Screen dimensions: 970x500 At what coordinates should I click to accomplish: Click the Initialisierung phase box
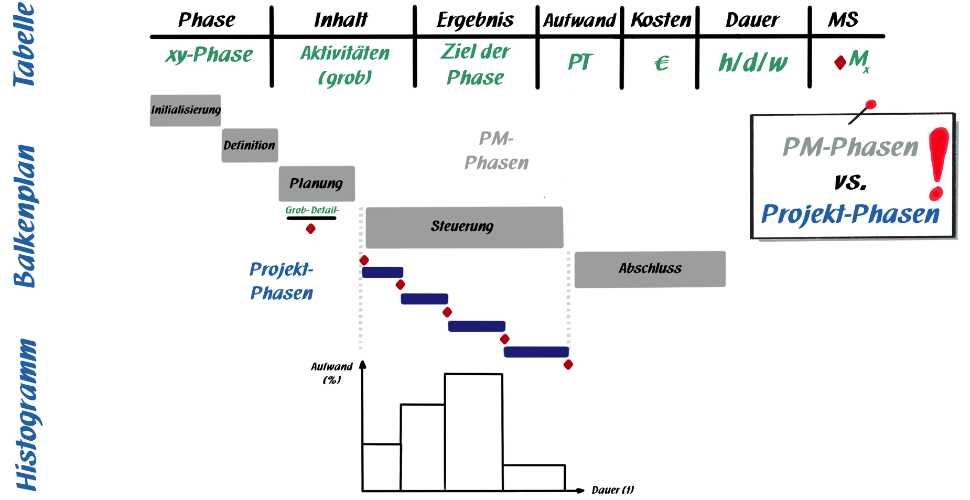tap(185, 110)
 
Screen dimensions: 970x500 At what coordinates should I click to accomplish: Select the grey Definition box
tap(250, 145)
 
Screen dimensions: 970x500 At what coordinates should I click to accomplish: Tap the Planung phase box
tap(317, 183)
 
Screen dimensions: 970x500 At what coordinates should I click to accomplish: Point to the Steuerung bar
tap(464, 227)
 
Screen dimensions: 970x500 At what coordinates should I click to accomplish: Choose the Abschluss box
tap(650, 269)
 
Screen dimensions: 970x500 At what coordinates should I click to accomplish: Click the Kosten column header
tap(660, 20)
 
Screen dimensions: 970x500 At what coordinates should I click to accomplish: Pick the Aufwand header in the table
tap(579, 20)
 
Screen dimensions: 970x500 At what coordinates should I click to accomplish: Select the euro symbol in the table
tap(662, 63)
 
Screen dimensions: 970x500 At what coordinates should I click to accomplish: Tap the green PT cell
tap(580, 62)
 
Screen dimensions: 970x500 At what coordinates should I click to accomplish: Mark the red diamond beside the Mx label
tap(840, 62)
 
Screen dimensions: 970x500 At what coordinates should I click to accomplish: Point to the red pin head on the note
tap(871, 105)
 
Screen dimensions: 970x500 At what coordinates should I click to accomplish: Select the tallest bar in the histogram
tap(473, 432)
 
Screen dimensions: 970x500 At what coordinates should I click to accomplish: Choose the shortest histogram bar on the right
tap(534, 477)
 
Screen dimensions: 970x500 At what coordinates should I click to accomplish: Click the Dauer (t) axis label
tap(612, 490)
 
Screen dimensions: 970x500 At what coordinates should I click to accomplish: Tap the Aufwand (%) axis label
tap(331, 373)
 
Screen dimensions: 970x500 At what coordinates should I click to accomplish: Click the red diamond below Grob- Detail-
tap(310, 229)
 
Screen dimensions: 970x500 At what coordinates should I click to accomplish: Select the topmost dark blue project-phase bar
tap(383, 273)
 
